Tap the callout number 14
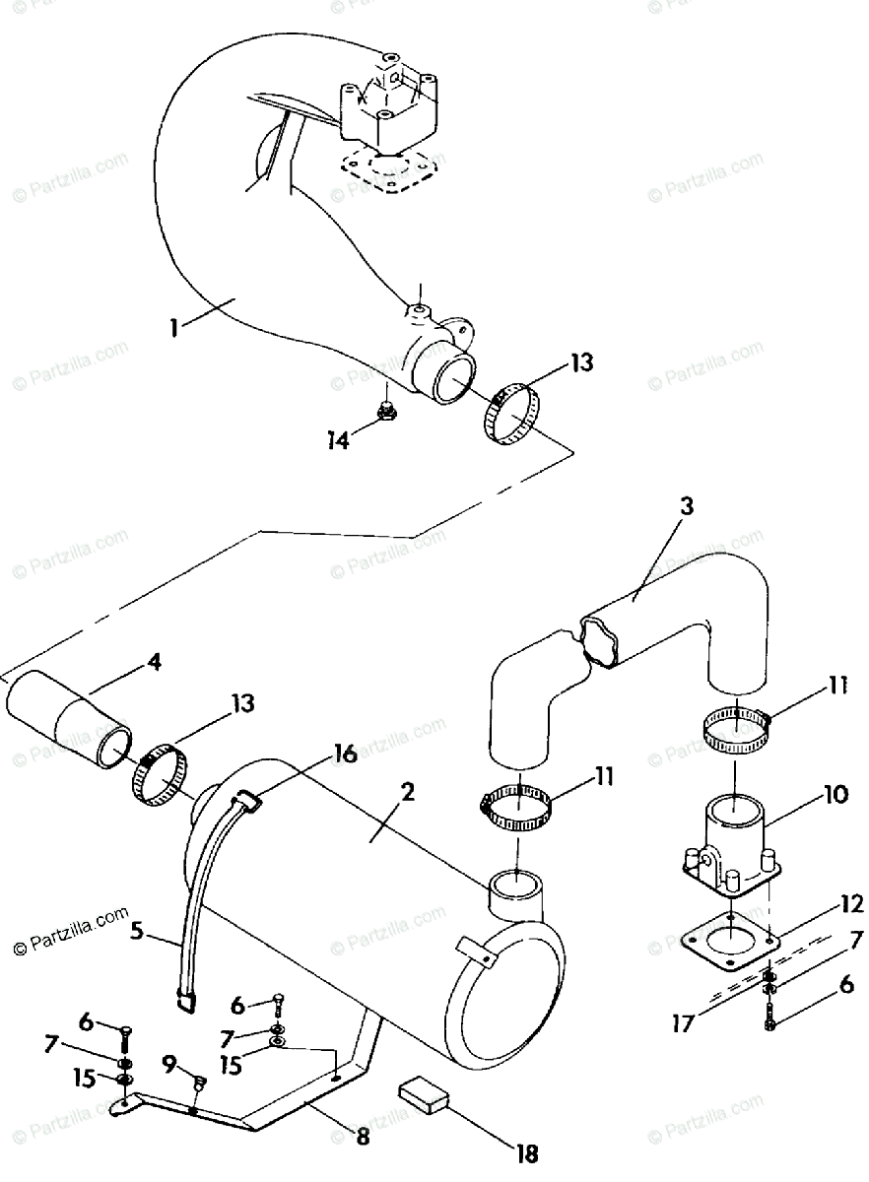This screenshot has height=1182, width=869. click(x=338, y=441)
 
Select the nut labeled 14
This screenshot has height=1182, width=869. click(x=388, y=410)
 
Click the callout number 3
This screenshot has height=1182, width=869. click(x=686, y=507)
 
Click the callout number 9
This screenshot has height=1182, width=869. click(x=169, y=1064)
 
